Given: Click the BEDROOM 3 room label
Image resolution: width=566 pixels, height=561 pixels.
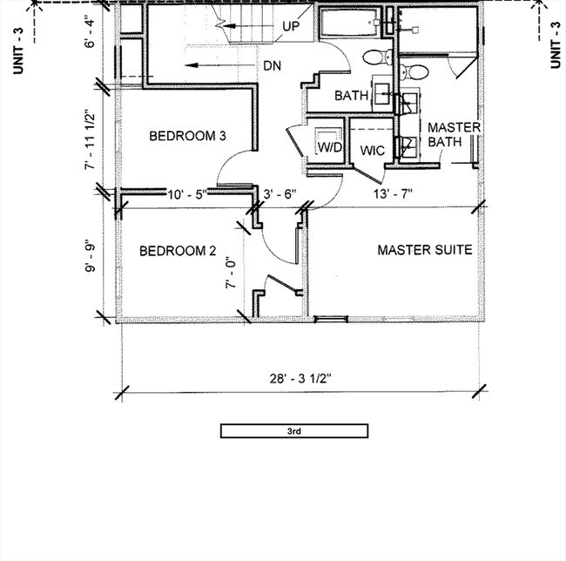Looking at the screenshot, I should point(187,136).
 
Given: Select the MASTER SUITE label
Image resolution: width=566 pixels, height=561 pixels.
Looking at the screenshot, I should point(424,250).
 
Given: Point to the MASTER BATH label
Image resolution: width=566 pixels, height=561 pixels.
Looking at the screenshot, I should point(454,134).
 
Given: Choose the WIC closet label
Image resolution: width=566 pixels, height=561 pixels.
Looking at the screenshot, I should point(373,150).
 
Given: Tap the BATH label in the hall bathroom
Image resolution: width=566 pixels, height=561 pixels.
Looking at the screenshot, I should point(351,96).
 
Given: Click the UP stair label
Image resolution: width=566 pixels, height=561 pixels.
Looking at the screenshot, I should point(291,26).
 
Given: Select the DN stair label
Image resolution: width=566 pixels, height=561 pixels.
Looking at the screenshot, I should point(271,66).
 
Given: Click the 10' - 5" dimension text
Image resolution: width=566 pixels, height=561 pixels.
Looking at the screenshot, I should point(187,193).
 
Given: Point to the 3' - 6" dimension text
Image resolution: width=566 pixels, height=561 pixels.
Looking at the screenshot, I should point(280,193).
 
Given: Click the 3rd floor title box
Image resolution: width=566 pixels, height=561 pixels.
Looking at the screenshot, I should point(294,430).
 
